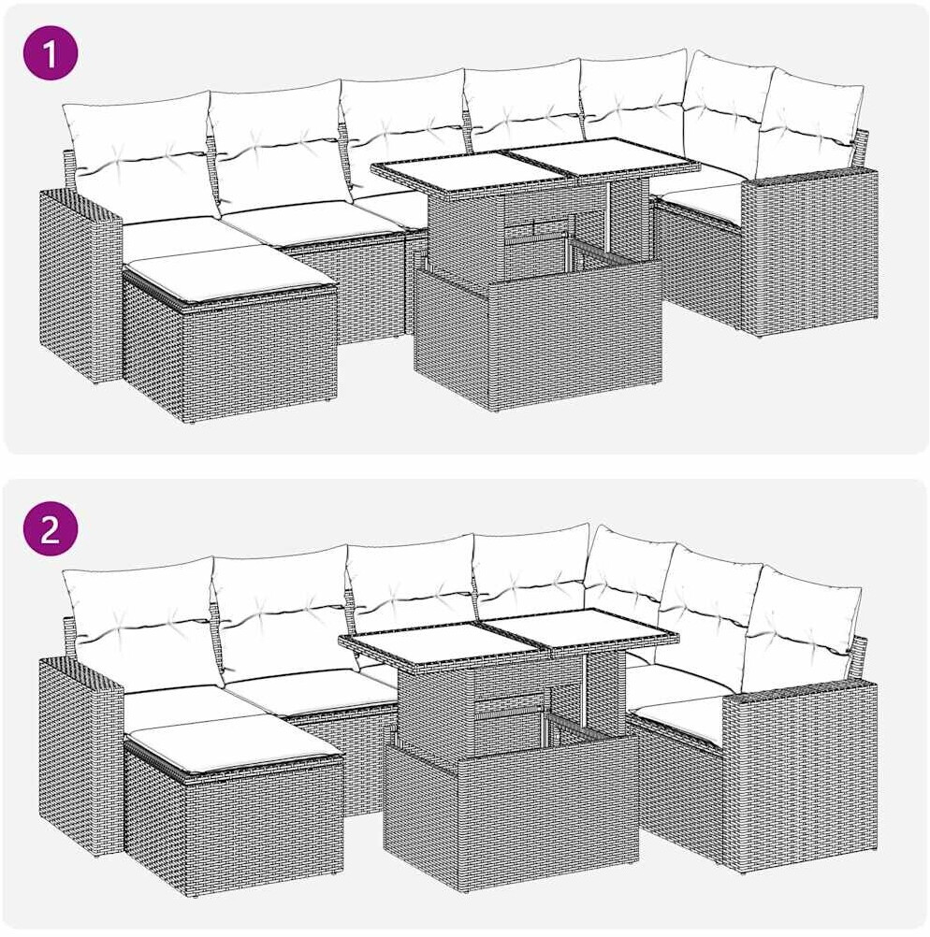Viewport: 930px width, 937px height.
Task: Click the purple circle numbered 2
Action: point(51,529)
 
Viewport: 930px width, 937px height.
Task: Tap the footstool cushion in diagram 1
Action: point(230,277)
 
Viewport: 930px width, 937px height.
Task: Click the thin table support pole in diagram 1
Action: point(609,219)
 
